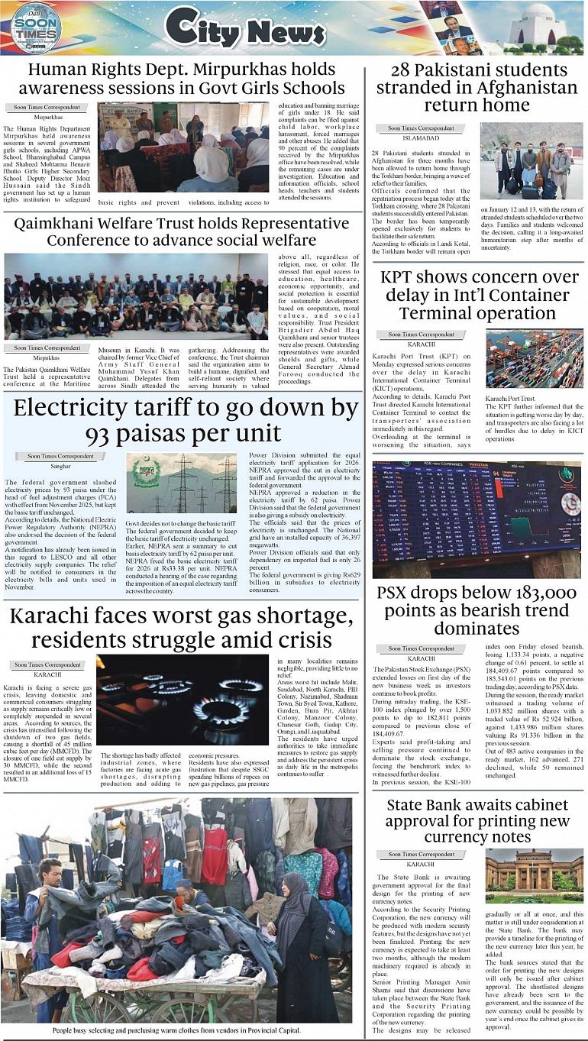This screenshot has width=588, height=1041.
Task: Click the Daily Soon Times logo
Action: (x=35, y=28)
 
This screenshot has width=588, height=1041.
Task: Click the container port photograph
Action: (x=534, y=359)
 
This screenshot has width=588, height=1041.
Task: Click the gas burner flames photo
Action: (x=183, y=699)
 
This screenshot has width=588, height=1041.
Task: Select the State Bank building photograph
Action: (x=533, y=876)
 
